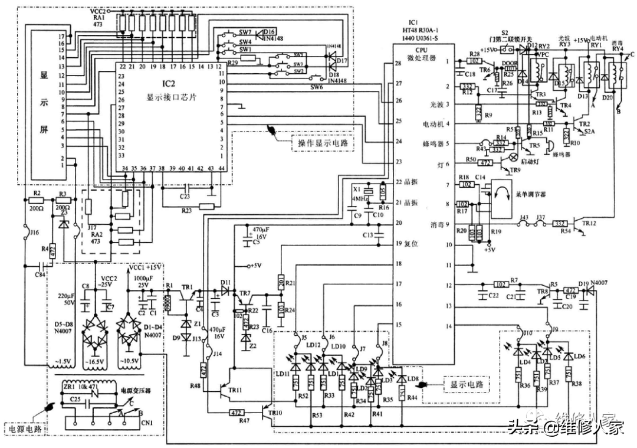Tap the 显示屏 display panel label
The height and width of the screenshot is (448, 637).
(x=44, y=103)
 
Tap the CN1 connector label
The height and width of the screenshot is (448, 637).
(x=147, y=423)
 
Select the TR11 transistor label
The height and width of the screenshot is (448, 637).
(x=234, y=391)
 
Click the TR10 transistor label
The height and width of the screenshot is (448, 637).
(x=274, y=413)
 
